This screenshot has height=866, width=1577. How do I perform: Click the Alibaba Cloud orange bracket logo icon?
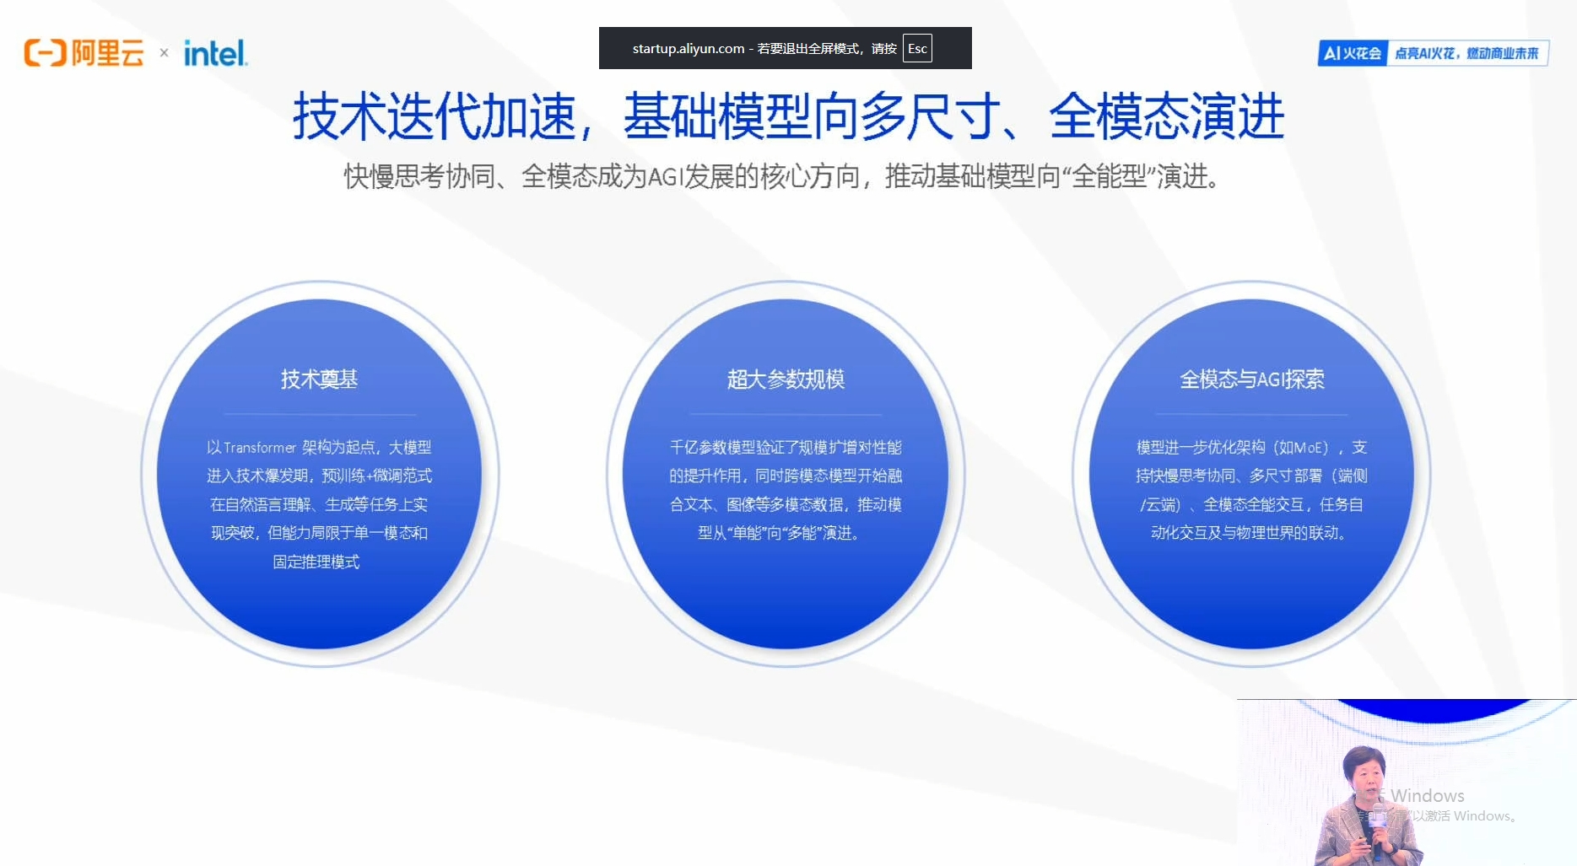(x=45, y=53)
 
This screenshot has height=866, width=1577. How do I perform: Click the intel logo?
(x=215, y=53)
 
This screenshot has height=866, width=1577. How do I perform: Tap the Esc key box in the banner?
(x=917, y=48)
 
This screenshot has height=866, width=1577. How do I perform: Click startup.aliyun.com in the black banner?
(x=688, y=48)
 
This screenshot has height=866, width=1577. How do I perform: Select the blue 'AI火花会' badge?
(x=1353, y=53)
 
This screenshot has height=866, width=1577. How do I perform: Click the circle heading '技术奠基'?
(x=319, y=379)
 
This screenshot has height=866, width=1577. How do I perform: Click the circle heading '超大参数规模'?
(x=786, y=379)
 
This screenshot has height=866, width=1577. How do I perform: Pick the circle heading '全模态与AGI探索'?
(x=1251, y=379)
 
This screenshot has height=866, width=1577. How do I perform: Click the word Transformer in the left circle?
(x=260, y=448)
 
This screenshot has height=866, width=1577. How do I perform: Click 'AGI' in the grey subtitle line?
(x=665, y=177)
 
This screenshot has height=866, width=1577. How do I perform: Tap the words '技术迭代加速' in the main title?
(x=434, y=116)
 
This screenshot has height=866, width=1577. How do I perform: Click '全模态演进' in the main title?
(x=1166, y=116)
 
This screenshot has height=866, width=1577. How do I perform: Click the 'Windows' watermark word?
(x=1428, y=795)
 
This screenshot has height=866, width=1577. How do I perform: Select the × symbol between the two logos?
(x=164, y=53)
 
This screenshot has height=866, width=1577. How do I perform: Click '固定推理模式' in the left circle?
(x=316, y=562)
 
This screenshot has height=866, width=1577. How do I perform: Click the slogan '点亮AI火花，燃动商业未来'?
(x=1466, y=53)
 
